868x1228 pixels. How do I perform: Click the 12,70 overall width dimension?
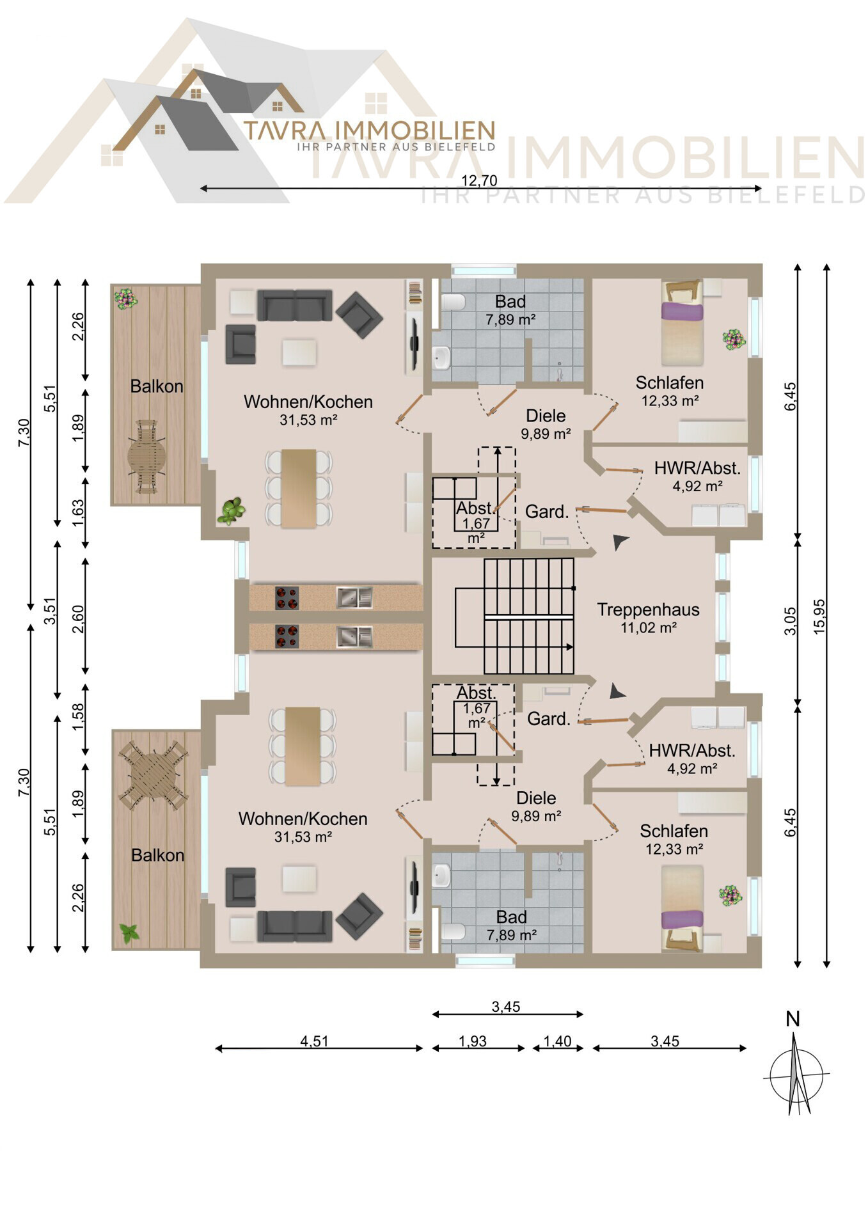[x=479, y=181]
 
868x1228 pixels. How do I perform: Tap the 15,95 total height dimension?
[x=819, y=617]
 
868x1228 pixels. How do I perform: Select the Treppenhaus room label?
[x=648, y=610]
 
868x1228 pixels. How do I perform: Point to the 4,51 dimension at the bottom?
[x=315, y=1041]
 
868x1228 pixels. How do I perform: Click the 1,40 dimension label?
[x=557, y=1041]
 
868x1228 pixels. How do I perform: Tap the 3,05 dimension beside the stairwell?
[x=791, y=621]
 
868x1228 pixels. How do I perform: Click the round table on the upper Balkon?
[x=146, y=457]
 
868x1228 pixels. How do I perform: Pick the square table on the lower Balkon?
[x=153, y=775]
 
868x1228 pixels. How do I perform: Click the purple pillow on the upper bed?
[x=682, y=311]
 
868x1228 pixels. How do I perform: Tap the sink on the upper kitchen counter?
[x=354, y=597]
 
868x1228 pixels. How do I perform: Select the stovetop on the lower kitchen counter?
[x=287, y=637]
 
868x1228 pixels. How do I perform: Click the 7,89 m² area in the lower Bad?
[x=511, y=935]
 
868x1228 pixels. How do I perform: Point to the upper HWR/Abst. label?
[x=697, y=468]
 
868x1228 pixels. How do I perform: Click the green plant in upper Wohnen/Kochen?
[x=231, y=511]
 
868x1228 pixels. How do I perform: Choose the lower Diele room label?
[x=536, y=798]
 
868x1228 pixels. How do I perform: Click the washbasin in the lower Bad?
[x=441, y=875]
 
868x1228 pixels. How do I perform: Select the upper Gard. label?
[x=547, y=512]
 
